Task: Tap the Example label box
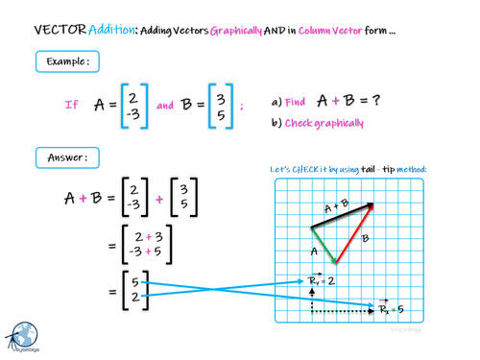66,62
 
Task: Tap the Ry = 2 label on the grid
323,281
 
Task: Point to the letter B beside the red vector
366,236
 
